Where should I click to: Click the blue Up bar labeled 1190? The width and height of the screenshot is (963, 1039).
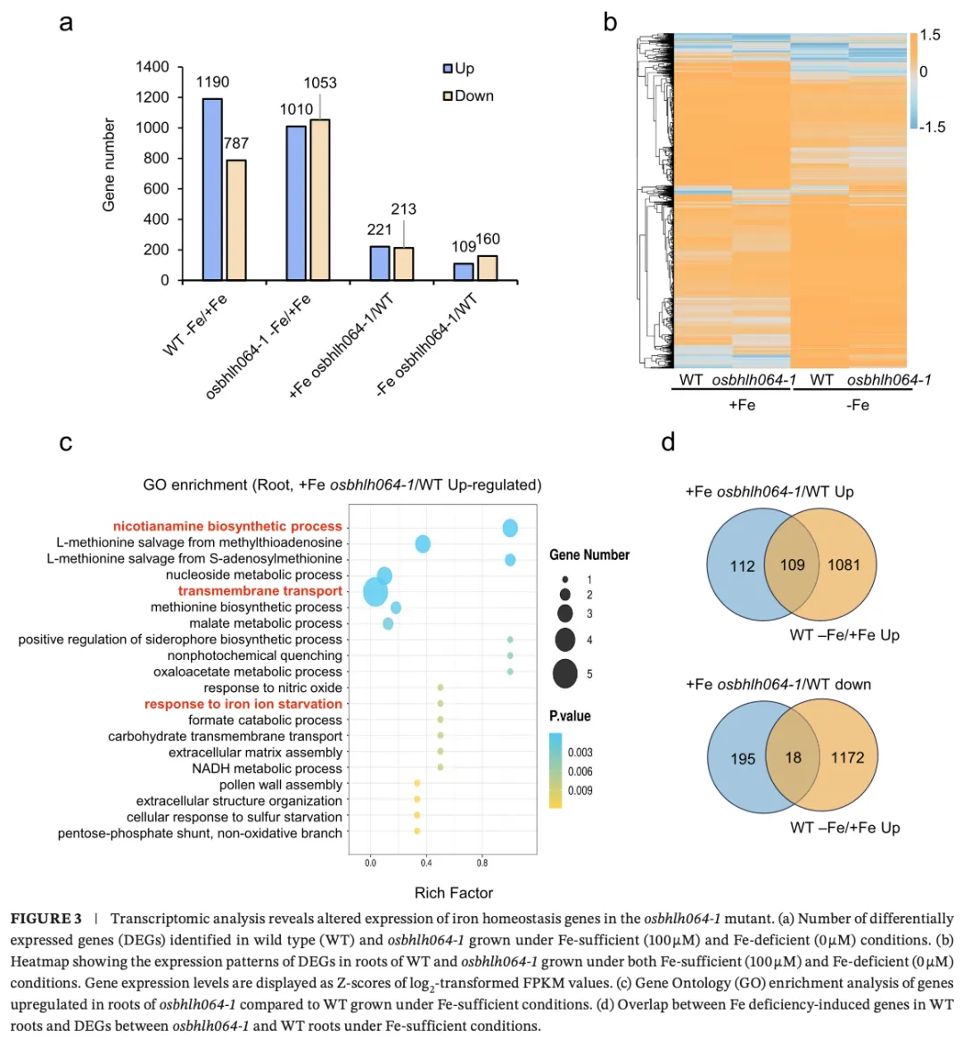(212, 189)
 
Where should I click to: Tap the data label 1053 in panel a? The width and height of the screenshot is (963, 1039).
(320, 83)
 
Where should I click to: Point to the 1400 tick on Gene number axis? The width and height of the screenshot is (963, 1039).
(152, 67)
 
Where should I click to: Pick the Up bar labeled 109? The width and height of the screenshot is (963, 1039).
(464, 271)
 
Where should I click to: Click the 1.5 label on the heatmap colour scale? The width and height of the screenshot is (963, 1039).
(930, 35)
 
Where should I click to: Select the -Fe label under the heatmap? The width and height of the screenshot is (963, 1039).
(857, 405)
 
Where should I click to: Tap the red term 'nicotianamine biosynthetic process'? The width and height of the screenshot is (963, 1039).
(227, 526)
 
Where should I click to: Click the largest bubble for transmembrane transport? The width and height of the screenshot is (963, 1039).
(375, 591)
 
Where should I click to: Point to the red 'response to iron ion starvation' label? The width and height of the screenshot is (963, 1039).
(243, 704)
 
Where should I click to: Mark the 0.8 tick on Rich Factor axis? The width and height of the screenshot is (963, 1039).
(482, 863)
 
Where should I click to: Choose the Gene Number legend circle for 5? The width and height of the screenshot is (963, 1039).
(564, 673)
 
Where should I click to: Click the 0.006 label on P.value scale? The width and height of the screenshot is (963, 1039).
(580, 771)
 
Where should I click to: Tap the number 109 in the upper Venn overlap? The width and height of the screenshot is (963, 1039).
(792, 565)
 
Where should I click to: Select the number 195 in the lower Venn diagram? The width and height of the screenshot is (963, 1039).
(743, 758)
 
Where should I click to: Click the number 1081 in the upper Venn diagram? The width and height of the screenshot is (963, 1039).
(844, 565)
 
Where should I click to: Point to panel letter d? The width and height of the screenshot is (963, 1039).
(668, 442)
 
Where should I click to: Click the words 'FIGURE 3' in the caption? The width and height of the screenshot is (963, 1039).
(46, 919)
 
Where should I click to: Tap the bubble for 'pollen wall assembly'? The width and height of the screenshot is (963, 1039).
(417, 784)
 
